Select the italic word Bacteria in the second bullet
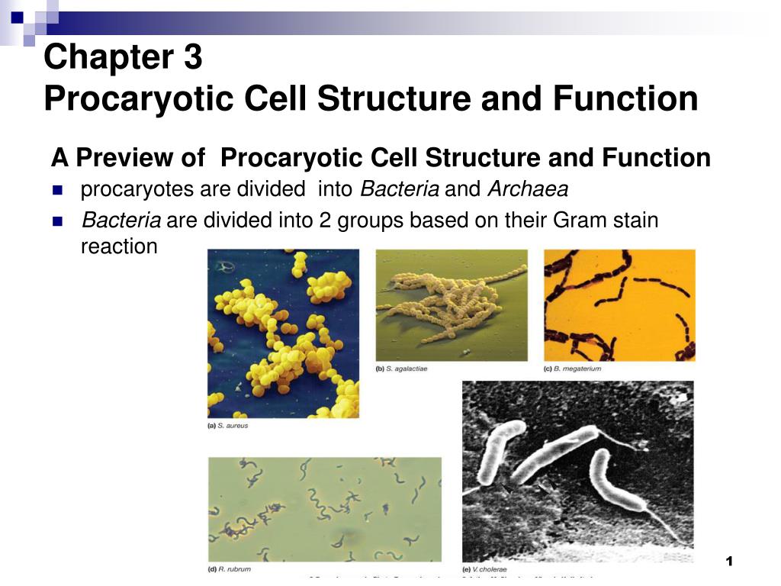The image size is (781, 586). click(x=121, y=221)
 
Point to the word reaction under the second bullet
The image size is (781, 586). click(x=118, y=246)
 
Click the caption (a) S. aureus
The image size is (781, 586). click(x=228, y=426)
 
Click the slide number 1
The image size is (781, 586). click(x=729, y=562)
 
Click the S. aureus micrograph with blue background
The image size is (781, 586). click(x=283, y=333)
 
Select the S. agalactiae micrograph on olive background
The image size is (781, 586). click(x=451, y=304)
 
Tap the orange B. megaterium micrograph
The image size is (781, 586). click(x=619, y=304)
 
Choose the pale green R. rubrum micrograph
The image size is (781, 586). click(x=324, y=508)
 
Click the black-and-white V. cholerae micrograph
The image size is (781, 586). click(x=577, y=471)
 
